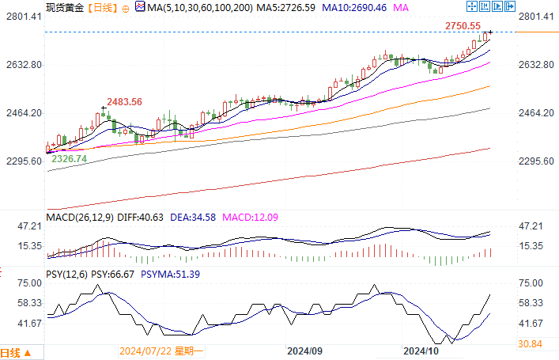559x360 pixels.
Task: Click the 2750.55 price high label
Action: coord(463,26)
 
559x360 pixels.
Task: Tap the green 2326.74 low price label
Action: coord(69,159)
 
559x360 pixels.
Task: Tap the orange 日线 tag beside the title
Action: coord(100,8)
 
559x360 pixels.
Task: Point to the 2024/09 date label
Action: coord(304,350)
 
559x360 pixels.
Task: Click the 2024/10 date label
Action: coord(421,350)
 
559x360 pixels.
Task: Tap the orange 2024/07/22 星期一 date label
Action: coord(161,350)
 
